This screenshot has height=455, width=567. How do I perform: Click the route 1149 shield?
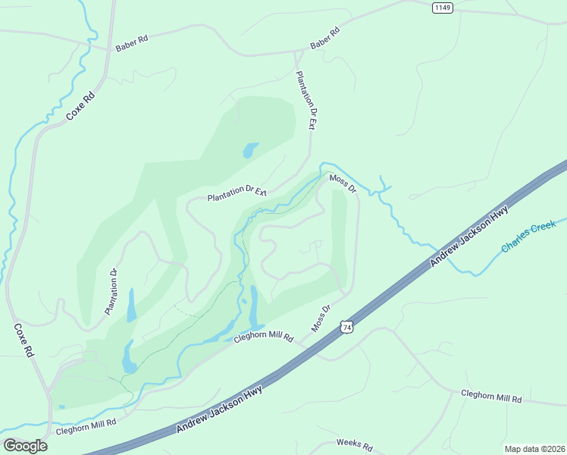443,8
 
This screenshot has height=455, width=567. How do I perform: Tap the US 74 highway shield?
346,326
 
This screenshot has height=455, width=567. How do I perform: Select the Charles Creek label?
528,237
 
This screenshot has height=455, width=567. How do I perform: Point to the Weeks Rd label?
355,446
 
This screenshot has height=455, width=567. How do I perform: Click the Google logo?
25,445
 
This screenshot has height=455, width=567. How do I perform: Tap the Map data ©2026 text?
534,448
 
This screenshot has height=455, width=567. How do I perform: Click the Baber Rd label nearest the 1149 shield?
324,39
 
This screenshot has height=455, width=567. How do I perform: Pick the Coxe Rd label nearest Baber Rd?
80,105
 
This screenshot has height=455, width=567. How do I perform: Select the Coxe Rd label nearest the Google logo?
24,340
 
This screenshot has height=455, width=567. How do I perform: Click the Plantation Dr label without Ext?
112,292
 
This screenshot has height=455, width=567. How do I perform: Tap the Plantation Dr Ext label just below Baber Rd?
305,101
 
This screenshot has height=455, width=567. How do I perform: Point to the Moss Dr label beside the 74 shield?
321,318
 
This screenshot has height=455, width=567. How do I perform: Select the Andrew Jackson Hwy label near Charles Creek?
468,238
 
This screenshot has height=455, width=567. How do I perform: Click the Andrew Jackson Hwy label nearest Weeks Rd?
219,409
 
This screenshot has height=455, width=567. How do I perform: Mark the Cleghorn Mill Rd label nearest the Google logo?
86,427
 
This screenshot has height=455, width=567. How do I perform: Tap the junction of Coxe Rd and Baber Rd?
108,49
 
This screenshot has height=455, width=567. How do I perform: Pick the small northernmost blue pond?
250,150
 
